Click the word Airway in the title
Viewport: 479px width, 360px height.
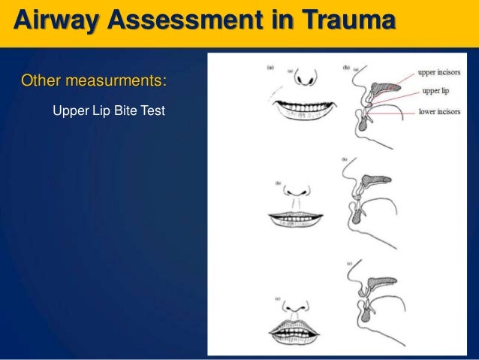click(52, 20)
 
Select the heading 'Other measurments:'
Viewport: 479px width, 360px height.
click(94, 80)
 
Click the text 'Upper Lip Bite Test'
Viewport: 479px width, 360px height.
click(108, 112)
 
